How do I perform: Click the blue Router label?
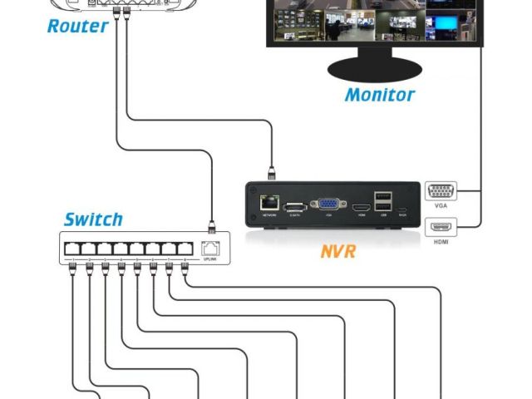pos(77,26)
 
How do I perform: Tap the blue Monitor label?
pos(379,94)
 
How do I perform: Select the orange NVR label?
pos(337,250)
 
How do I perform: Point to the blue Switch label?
pos(93,220)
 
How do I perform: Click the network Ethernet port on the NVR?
pos(269,202)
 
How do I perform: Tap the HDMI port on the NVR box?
pos(361,207)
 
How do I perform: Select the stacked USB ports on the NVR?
pos(382,201)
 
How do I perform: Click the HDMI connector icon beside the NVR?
pos(440,225)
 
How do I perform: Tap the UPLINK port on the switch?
pos(211,247)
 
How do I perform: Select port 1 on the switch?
pos(72,248)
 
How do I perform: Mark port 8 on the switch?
pos(186,248)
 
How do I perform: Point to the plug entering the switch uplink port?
pos(211,224)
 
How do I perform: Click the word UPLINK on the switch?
pos(211,259)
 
